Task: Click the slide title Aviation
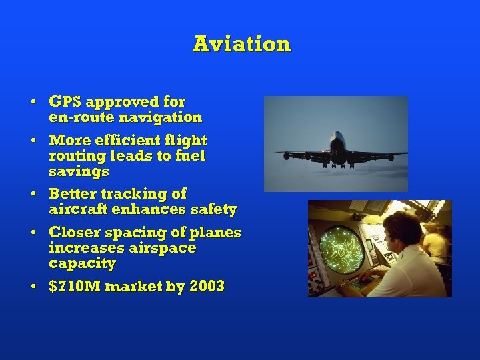click(x=242, y=44)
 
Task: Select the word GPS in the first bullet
click(x=65, y=102)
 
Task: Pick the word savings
click(x=79, y=171)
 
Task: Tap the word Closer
click(x=75, y=233)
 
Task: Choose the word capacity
click(x=82, y=263)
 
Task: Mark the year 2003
click(x=207, y=287)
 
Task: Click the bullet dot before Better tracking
click(x=32, y=195)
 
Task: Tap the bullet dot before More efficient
click(x=32, y=141)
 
